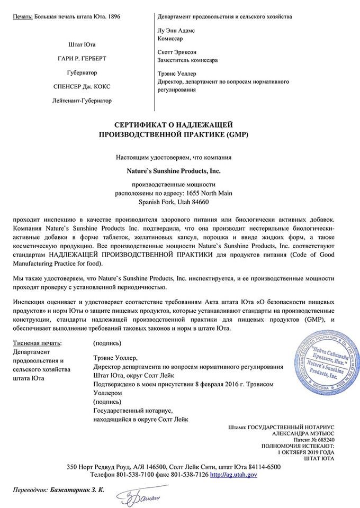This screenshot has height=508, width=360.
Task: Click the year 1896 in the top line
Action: click(x=113, y=17)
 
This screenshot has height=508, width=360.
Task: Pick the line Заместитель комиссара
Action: click(x=187, y=60)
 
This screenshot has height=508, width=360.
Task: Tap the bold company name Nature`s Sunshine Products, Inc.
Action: click(x=173, y=171)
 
